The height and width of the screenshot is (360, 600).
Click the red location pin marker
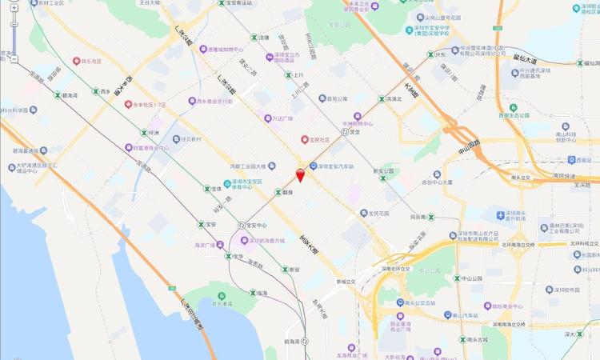[300, 175]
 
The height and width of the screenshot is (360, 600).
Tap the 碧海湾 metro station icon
[55, 95]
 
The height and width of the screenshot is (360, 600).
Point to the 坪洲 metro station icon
[144, 133]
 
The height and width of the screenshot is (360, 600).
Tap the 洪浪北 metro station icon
[381, 99]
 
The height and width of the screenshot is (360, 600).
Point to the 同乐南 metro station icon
[431, 217]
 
